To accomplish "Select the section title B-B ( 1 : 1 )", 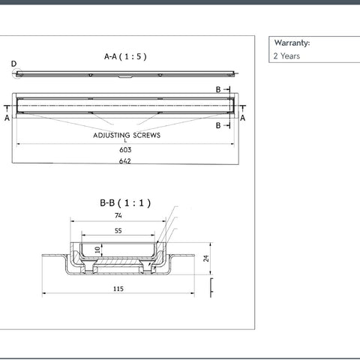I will coord(124,203).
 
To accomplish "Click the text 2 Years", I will coord(286,55).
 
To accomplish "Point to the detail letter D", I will coord(13,64).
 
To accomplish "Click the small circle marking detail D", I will coord(20,73).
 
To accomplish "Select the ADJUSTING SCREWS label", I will coord(126,136).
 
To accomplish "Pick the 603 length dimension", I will coord(125,150).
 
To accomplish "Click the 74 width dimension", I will coord(118,215).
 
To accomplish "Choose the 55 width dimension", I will coord(118,232).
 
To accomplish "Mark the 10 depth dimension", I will coord(97,250).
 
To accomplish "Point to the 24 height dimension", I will coord(205,257).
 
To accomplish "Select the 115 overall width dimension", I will coord(118,288).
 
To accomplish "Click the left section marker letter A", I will coord(7,118).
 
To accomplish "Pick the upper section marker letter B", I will coord(218,89).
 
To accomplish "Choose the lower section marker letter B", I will coord(218,125).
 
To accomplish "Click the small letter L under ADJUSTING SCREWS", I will coord(125,142).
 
